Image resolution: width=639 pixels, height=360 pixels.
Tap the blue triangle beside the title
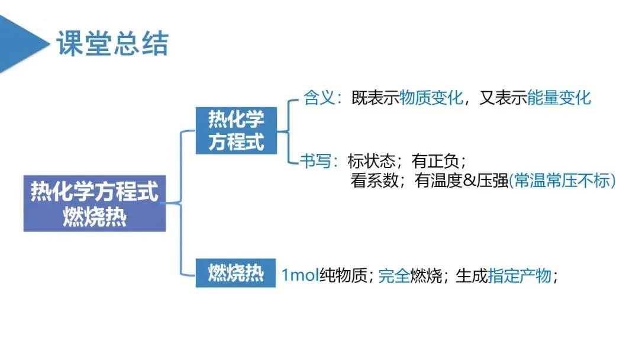(x=21, y=43)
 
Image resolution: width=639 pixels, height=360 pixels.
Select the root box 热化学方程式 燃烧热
(x=95, y=203)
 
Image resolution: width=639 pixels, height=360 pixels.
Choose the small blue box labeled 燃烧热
(x=235, y=273)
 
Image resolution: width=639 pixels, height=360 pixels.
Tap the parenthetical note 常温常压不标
(x=562, y=181)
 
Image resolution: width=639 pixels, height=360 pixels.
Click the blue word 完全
(x=394, y=275)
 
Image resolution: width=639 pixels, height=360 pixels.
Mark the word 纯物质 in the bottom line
(x=344, y=275)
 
